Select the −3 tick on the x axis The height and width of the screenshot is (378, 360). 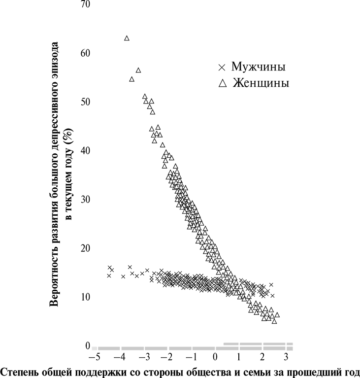144,357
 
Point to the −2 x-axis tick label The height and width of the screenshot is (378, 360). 168,357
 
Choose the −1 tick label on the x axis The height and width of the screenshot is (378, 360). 192,357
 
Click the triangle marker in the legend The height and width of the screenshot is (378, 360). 222,84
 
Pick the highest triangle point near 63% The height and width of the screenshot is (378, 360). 127,38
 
